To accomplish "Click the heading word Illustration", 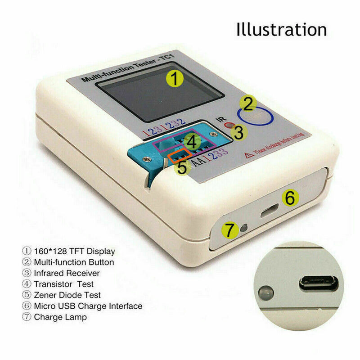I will pos(281,29).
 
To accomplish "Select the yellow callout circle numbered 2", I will pos(248,104).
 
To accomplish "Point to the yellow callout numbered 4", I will pos(192,143).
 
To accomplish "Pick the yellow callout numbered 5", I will pos(182,167).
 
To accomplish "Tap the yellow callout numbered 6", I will pos(290,197).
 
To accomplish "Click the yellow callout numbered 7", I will pos(230,231).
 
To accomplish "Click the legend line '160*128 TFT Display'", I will pos(68,251).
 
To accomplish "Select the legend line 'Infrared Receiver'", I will pos(61,273).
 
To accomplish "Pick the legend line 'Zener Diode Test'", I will pos(61,295).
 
